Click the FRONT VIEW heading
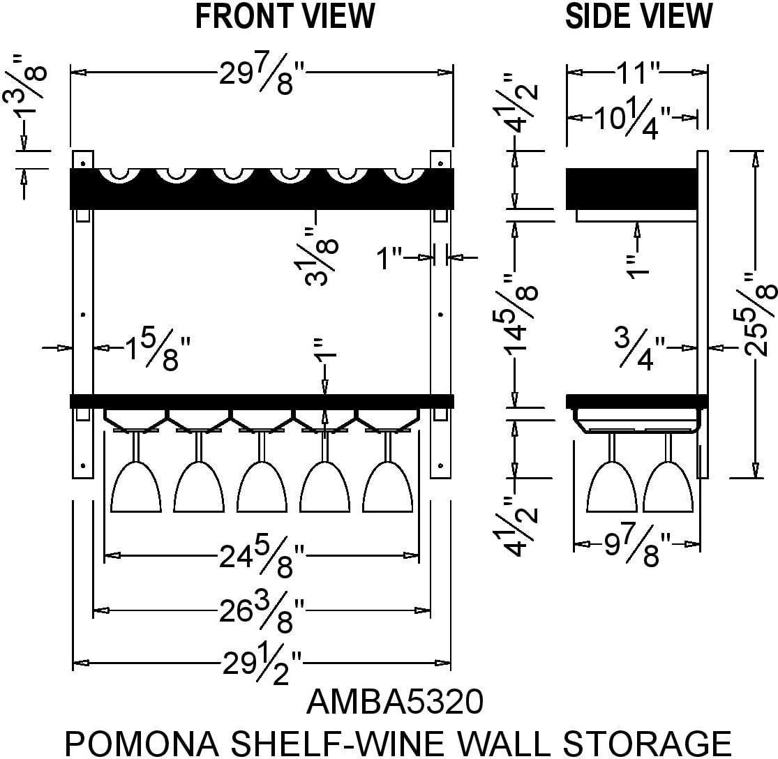[285, 17]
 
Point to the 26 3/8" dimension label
[262, 612]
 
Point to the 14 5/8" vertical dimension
[523, 314]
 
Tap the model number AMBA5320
[395, 702]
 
